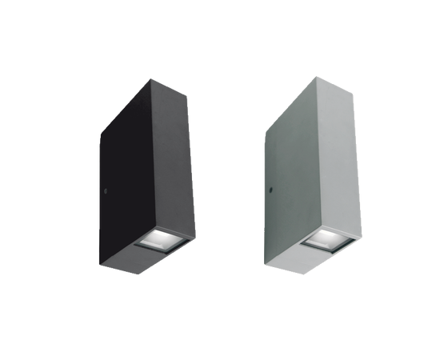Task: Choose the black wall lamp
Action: (147, 176)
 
